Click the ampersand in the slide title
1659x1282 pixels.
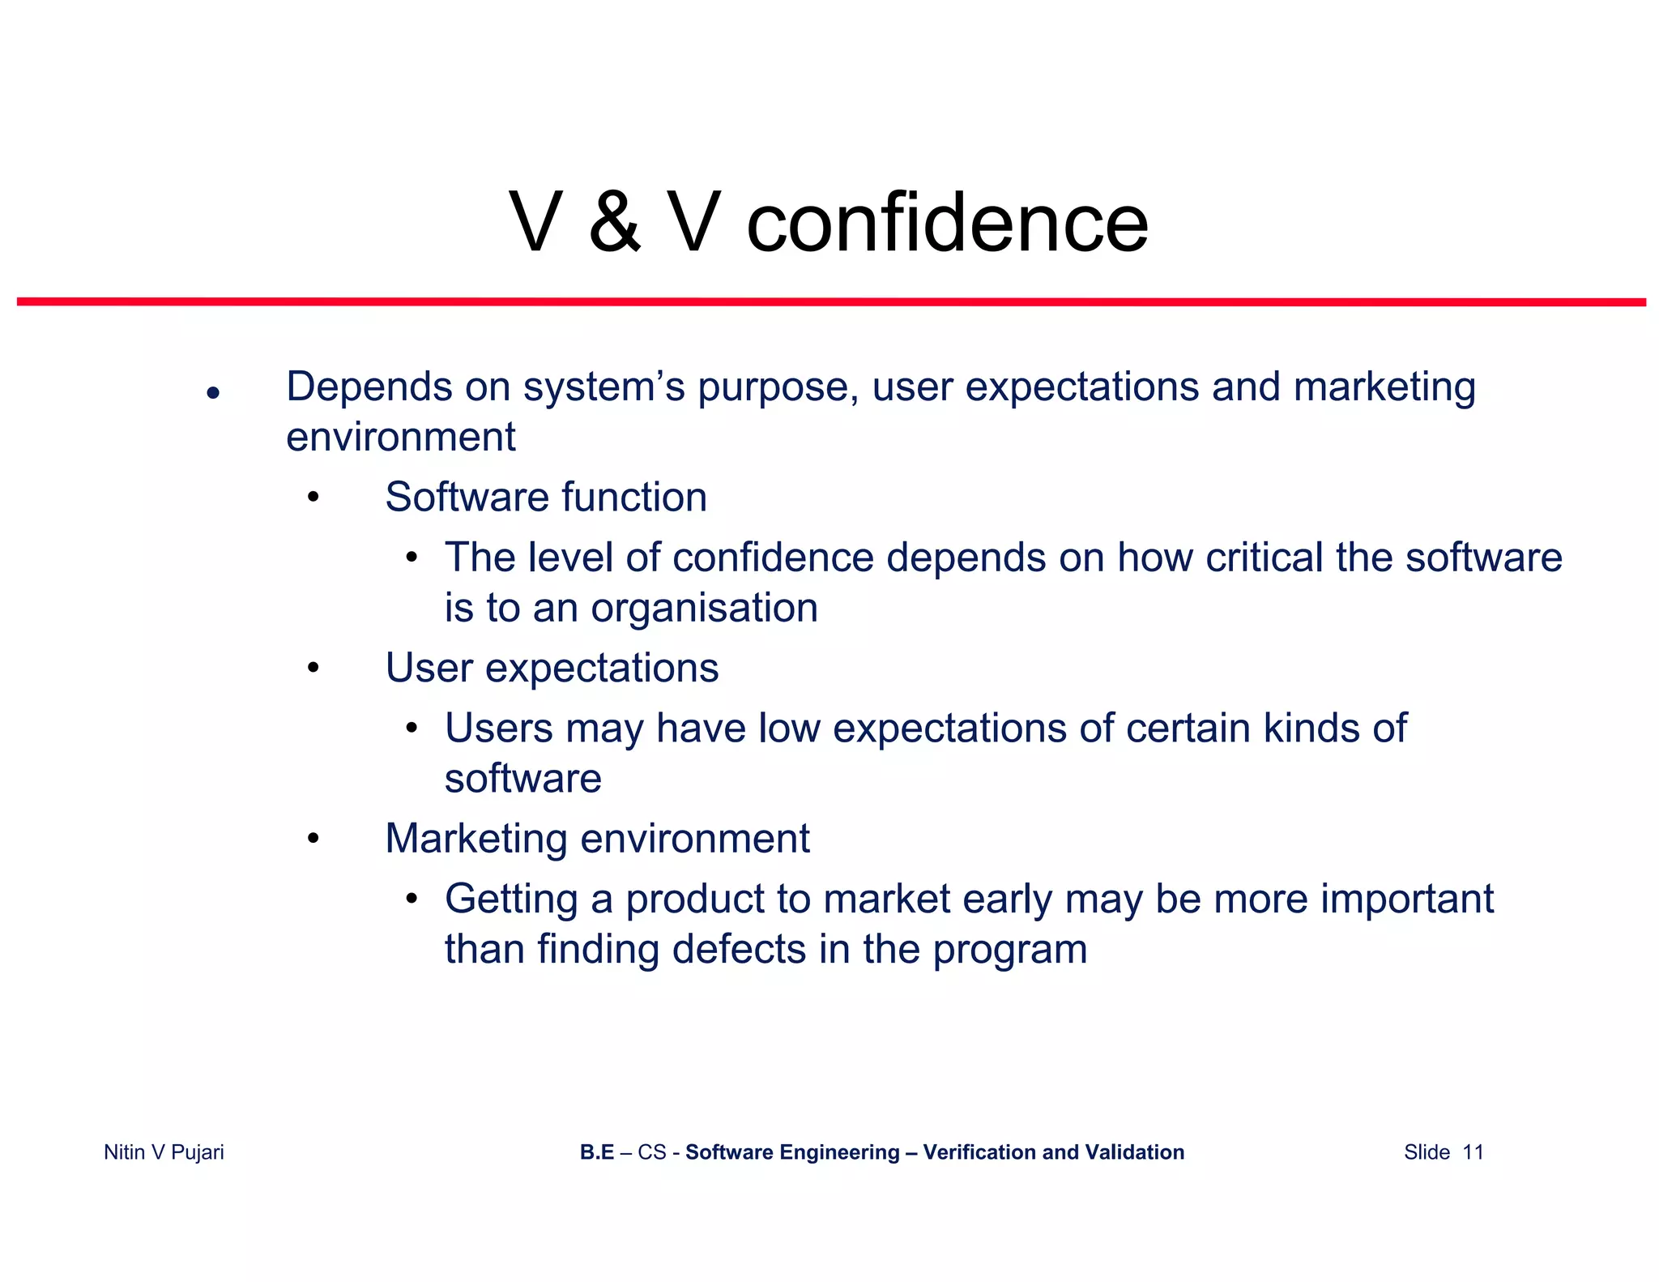[615, 223]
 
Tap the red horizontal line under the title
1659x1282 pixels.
[831, 301]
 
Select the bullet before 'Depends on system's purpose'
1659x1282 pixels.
[213, 393]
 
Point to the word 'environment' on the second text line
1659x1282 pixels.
[401, 438]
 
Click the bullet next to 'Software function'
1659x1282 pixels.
[313, 498]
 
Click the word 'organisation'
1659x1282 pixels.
[704, 608]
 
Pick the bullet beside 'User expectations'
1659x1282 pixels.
[313, 669]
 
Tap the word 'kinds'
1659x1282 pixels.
[1310, 728]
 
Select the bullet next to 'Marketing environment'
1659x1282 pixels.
[313, 839]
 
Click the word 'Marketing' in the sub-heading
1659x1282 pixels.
[476, 839]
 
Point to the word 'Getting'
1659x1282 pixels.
[511, 900]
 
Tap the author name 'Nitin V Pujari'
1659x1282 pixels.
[164, 1152]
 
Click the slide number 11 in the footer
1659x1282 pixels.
[1473, 1152]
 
